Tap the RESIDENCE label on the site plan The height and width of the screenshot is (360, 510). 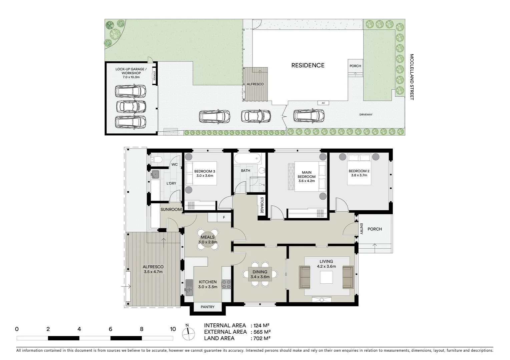(x=308, y=65)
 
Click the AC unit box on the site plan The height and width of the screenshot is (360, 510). (x=323, y=103)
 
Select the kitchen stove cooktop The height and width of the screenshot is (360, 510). (x=227, y=284)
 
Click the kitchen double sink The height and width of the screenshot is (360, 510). (x=189, y=287)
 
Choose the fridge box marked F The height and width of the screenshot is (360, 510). (x=224, y=218)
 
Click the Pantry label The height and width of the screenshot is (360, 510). (x=207, y=307)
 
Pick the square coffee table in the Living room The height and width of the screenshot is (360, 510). (x=326, y=277)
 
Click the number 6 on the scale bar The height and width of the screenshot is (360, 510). (x=110, y=329)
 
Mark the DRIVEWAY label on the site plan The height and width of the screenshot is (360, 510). (x=366, y=115)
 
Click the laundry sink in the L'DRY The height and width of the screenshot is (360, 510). (x=155, y=174)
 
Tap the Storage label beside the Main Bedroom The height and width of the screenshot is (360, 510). (x=262, y=206)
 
